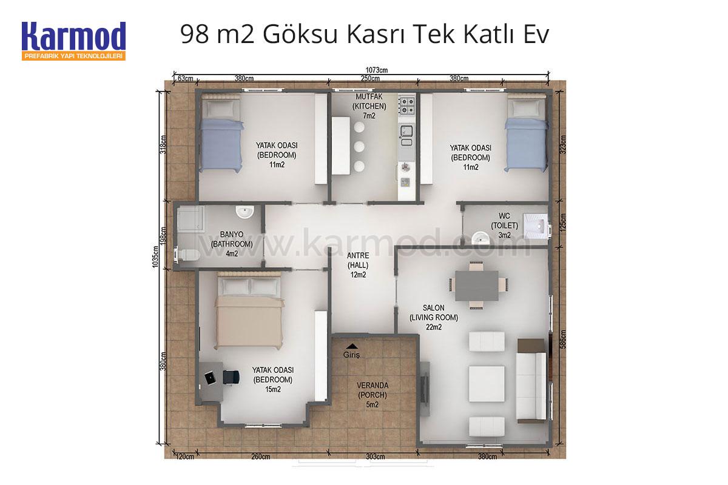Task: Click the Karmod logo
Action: tap(74, 41)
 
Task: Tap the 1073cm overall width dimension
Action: tap(377, 70)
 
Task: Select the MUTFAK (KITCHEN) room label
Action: tap(369, 101)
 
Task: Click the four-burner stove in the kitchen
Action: tap(407, 106)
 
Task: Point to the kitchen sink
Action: tap(406, 135)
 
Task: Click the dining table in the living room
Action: tap(477, 286)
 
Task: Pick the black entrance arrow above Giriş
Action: tap(351, 346)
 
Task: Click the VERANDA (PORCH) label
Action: tap(372, 390)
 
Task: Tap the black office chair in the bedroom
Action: tap(231, 377)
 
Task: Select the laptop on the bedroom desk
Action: tap(210, 378)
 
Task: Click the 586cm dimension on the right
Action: tap(563, 339)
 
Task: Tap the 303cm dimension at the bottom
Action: tap(376, 457)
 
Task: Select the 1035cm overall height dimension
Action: tap(155, 256)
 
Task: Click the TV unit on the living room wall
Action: tap(425, 389)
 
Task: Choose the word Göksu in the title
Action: tap(301, 35)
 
